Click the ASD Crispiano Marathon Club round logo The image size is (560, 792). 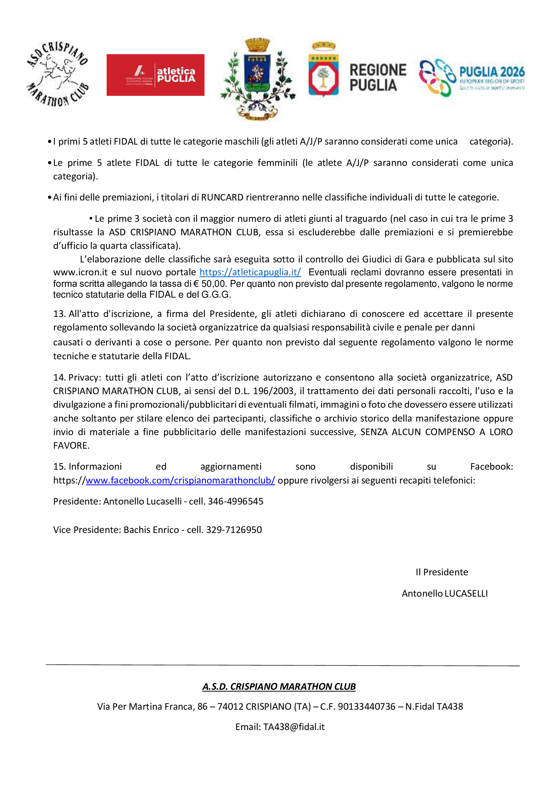tap(57, 74)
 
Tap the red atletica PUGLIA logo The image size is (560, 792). tap(155, 75)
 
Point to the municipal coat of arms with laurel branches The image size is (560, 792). tap(257, 79)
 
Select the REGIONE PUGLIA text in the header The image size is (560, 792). tap(378, 78)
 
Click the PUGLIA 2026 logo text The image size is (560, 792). tap(492, 72)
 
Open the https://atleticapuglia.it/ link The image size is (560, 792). tap(250, 272)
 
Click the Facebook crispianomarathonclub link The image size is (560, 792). tap(180, 480)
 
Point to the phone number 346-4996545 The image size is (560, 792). tap(236, 501)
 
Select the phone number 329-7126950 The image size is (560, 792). tap(234, 530)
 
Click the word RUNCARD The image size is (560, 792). tap(222, 197)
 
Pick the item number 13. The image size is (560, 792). tap(59, 314)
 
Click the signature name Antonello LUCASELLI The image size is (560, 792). tap(445, 593)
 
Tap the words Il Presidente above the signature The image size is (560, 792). tap(442, 572)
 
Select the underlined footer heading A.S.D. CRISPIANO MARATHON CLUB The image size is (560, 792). tap(279, 686)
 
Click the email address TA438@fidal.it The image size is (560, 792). tap(294, 727)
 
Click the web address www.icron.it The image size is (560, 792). tap(80, 272)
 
